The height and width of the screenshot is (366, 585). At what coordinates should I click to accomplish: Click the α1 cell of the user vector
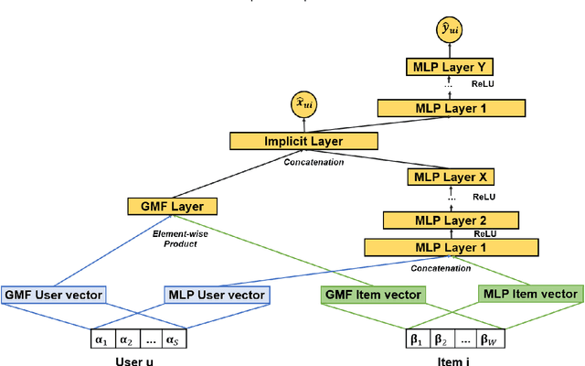tap(101, 340)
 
